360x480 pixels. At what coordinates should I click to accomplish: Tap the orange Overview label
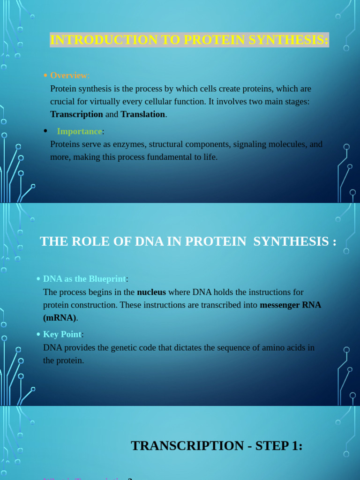coord(68,75)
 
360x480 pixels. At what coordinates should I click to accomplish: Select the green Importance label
coord(79,131)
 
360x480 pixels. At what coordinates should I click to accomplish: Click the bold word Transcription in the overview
coord(76,114)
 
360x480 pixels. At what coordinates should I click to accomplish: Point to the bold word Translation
coord(142,114)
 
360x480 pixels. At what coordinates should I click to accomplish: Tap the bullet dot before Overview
coord(45,75)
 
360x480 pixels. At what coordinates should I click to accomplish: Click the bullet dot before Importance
coord(45,131)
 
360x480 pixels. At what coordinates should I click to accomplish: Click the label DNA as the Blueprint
coord(84,279)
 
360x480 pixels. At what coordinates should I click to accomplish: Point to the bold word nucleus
coord(151,292)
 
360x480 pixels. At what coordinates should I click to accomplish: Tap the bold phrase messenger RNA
coord(291,305)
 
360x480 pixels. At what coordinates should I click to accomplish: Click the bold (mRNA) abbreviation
coord(60,318)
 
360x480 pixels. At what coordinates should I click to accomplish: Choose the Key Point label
coord(62,335)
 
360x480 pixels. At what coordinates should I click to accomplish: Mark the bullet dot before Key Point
coord(38,335)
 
